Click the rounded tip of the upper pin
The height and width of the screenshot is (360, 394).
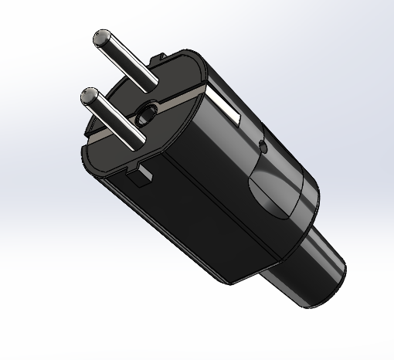point(101,38)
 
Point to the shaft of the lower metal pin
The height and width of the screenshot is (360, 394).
point(113,117)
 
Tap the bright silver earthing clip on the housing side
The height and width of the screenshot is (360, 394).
point(232,107)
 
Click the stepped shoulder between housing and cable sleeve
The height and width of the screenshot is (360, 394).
point(297,224)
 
